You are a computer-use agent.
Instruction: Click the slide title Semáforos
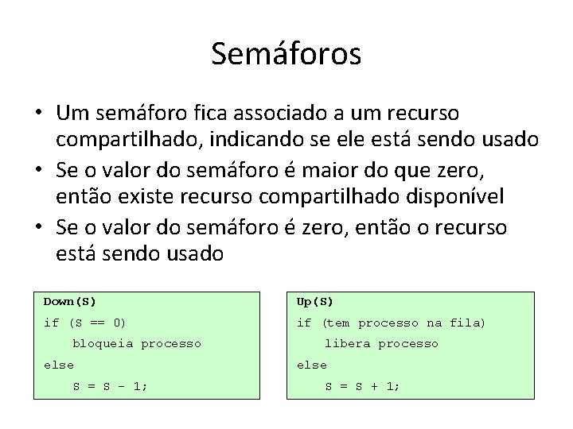(286, 54)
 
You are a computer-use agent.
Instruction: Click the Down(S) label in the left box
(69, 302)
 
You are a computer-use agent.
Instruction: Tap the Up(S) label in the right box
(314, 302)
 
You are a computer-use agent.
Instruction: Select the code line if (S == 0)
(84, 323)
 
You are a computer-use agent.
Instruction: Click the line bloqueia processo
(136, 344)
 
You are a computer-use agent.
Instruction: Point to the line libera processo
(381, 344)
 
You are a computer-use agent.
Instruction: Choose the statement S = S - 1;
(111, 386)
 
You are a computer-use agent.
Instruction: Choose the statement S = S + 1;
(363, 386)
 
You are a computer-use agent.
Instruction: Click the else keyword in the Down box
(58, 365)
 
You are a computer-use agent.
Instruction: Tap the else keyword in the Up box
(311, 365)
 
